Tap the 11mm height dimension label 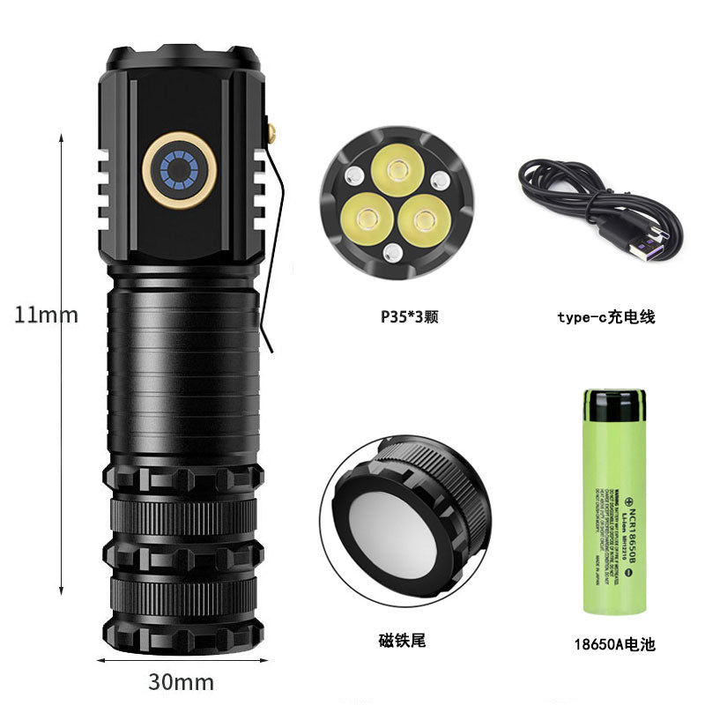point(46,315)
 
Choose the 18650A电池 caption point(613,644)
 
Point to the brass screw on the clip point(272,134)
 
